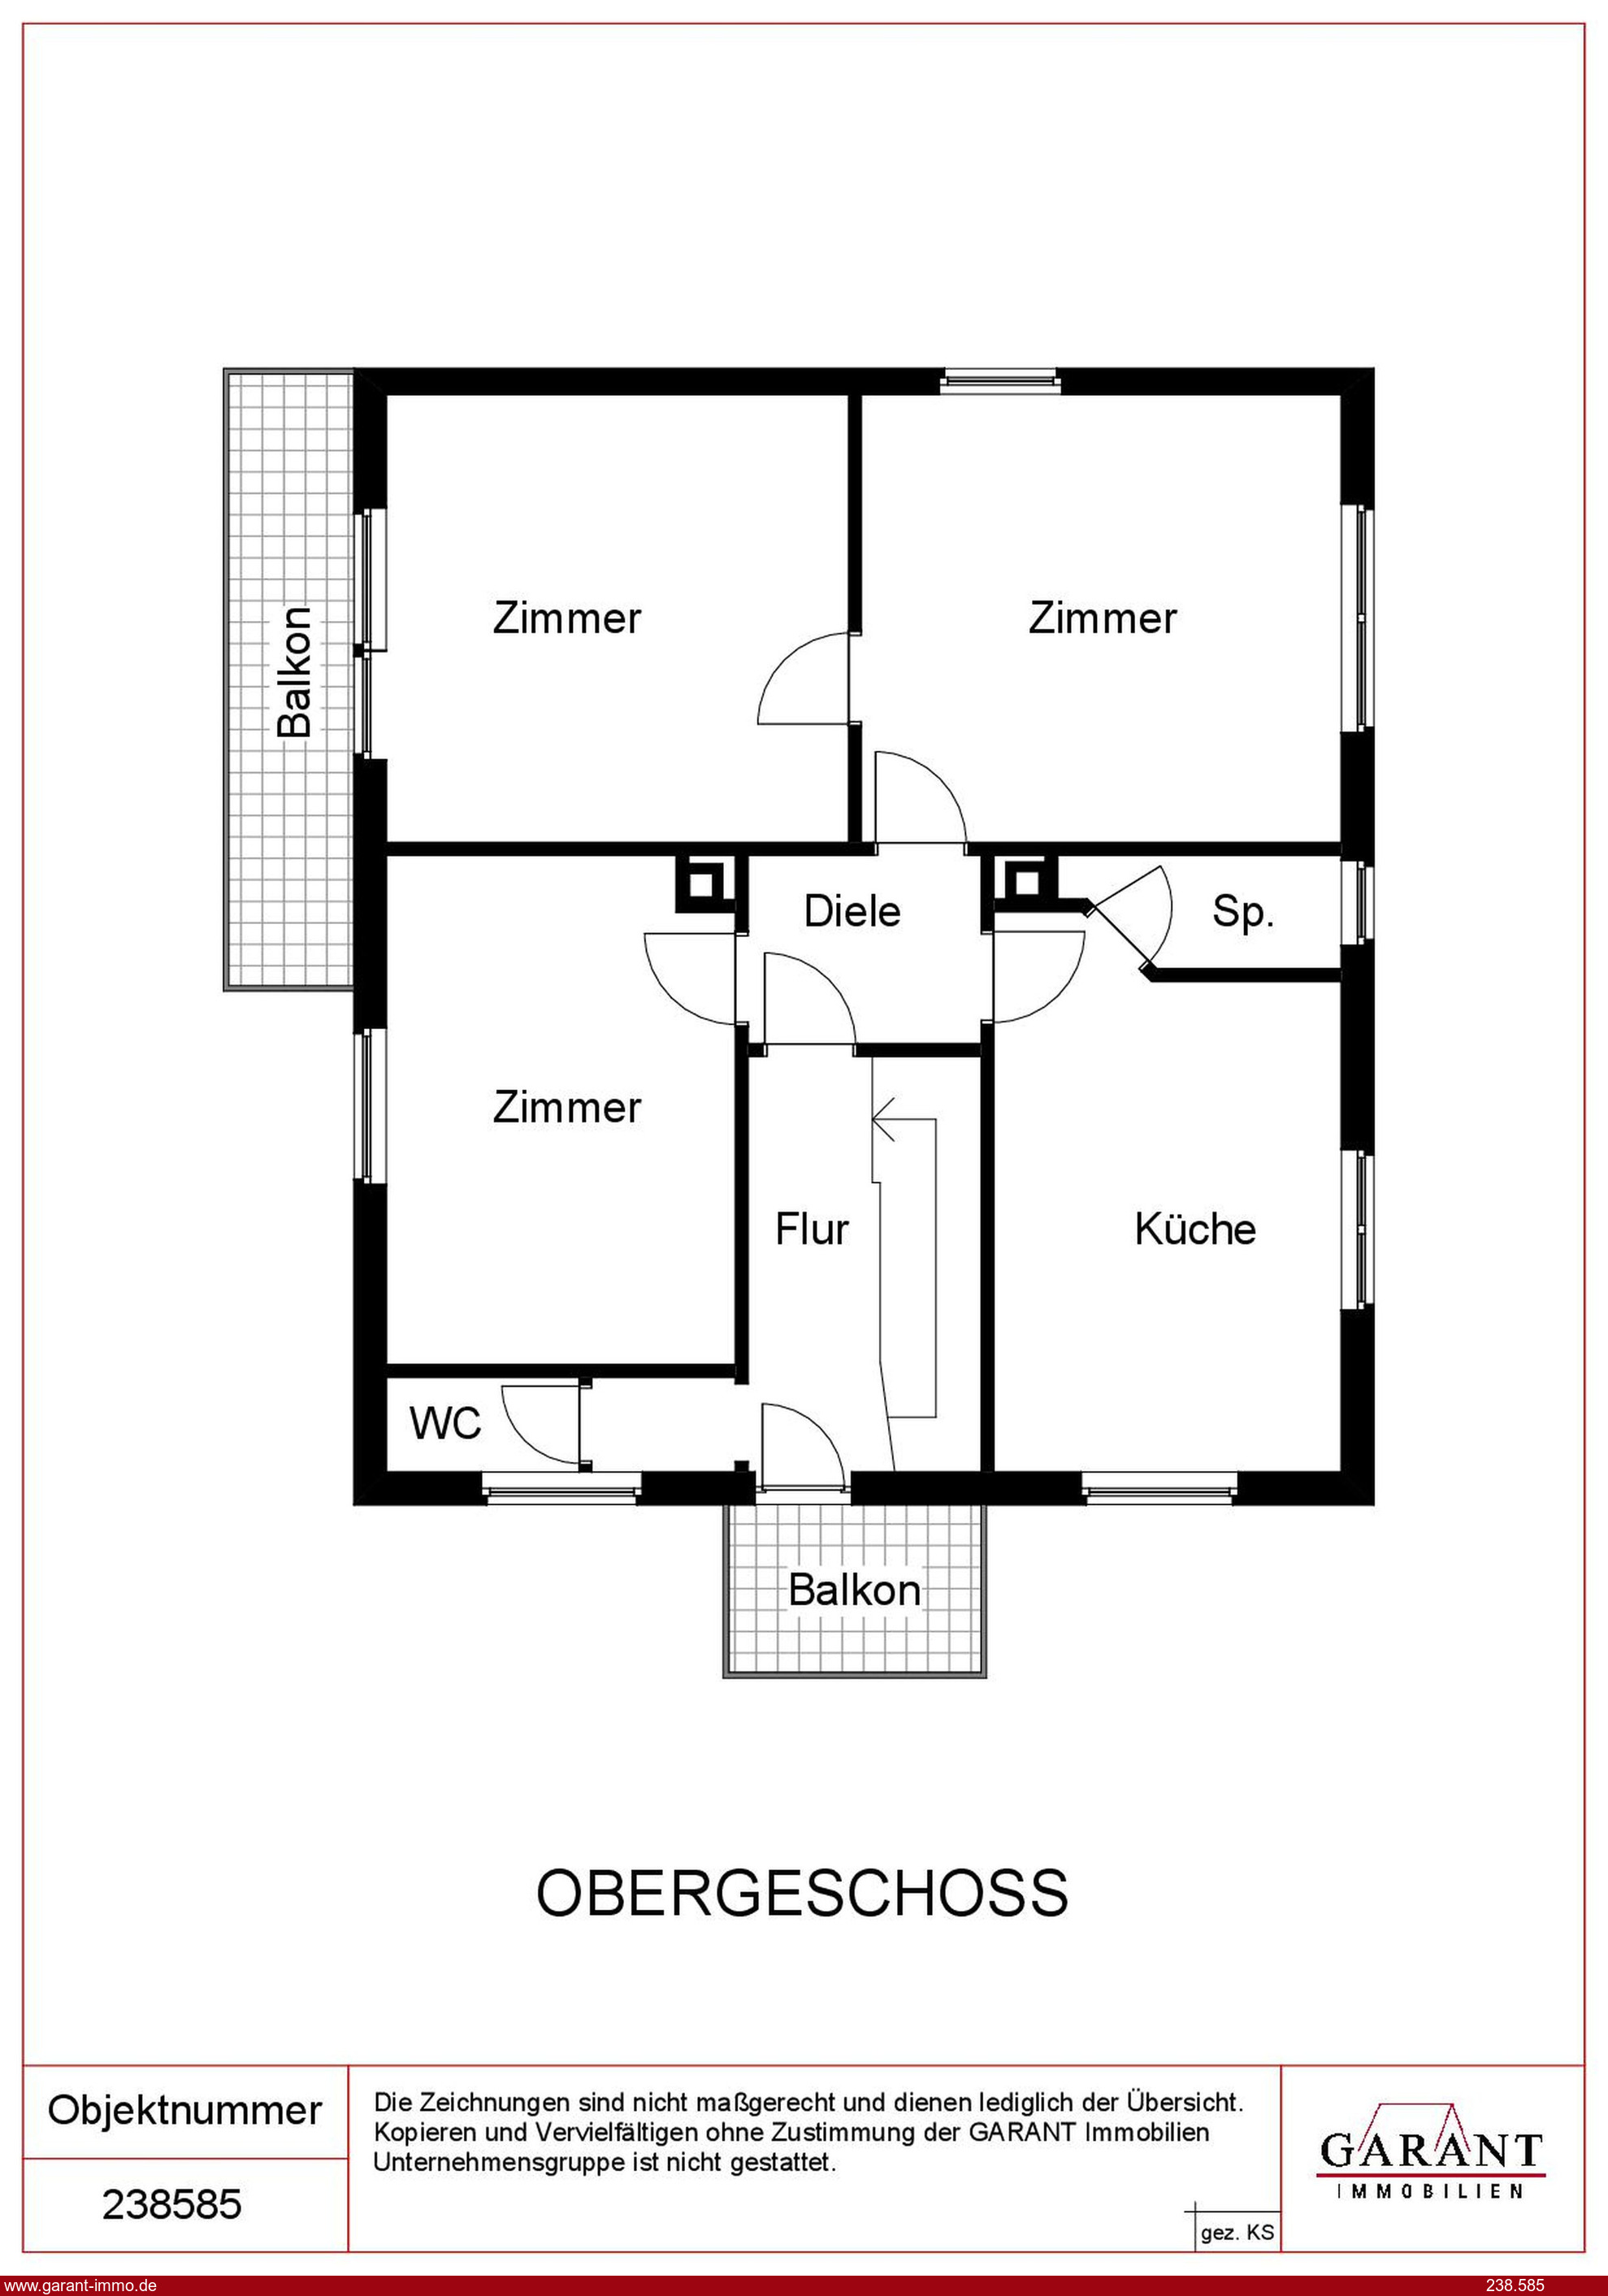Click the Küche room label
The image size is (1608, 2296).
[1195, 1229]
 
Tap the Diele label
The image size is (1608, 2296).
[852, 911]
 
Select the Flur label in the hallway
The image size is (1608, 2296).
[812, 1229]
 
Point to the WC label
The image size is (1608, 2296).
[445, 1423]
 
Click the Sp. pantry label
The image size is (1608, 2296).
[1243, 912]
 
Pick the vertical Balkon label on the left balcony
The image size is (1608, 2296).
[295, 672]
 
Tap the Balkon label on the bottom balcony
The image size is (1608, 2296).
[854, 1590]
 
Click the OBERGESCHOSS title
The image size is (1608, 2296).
[802, 1894]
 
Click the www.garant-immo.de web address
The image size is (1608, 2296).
[79, 2285]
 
